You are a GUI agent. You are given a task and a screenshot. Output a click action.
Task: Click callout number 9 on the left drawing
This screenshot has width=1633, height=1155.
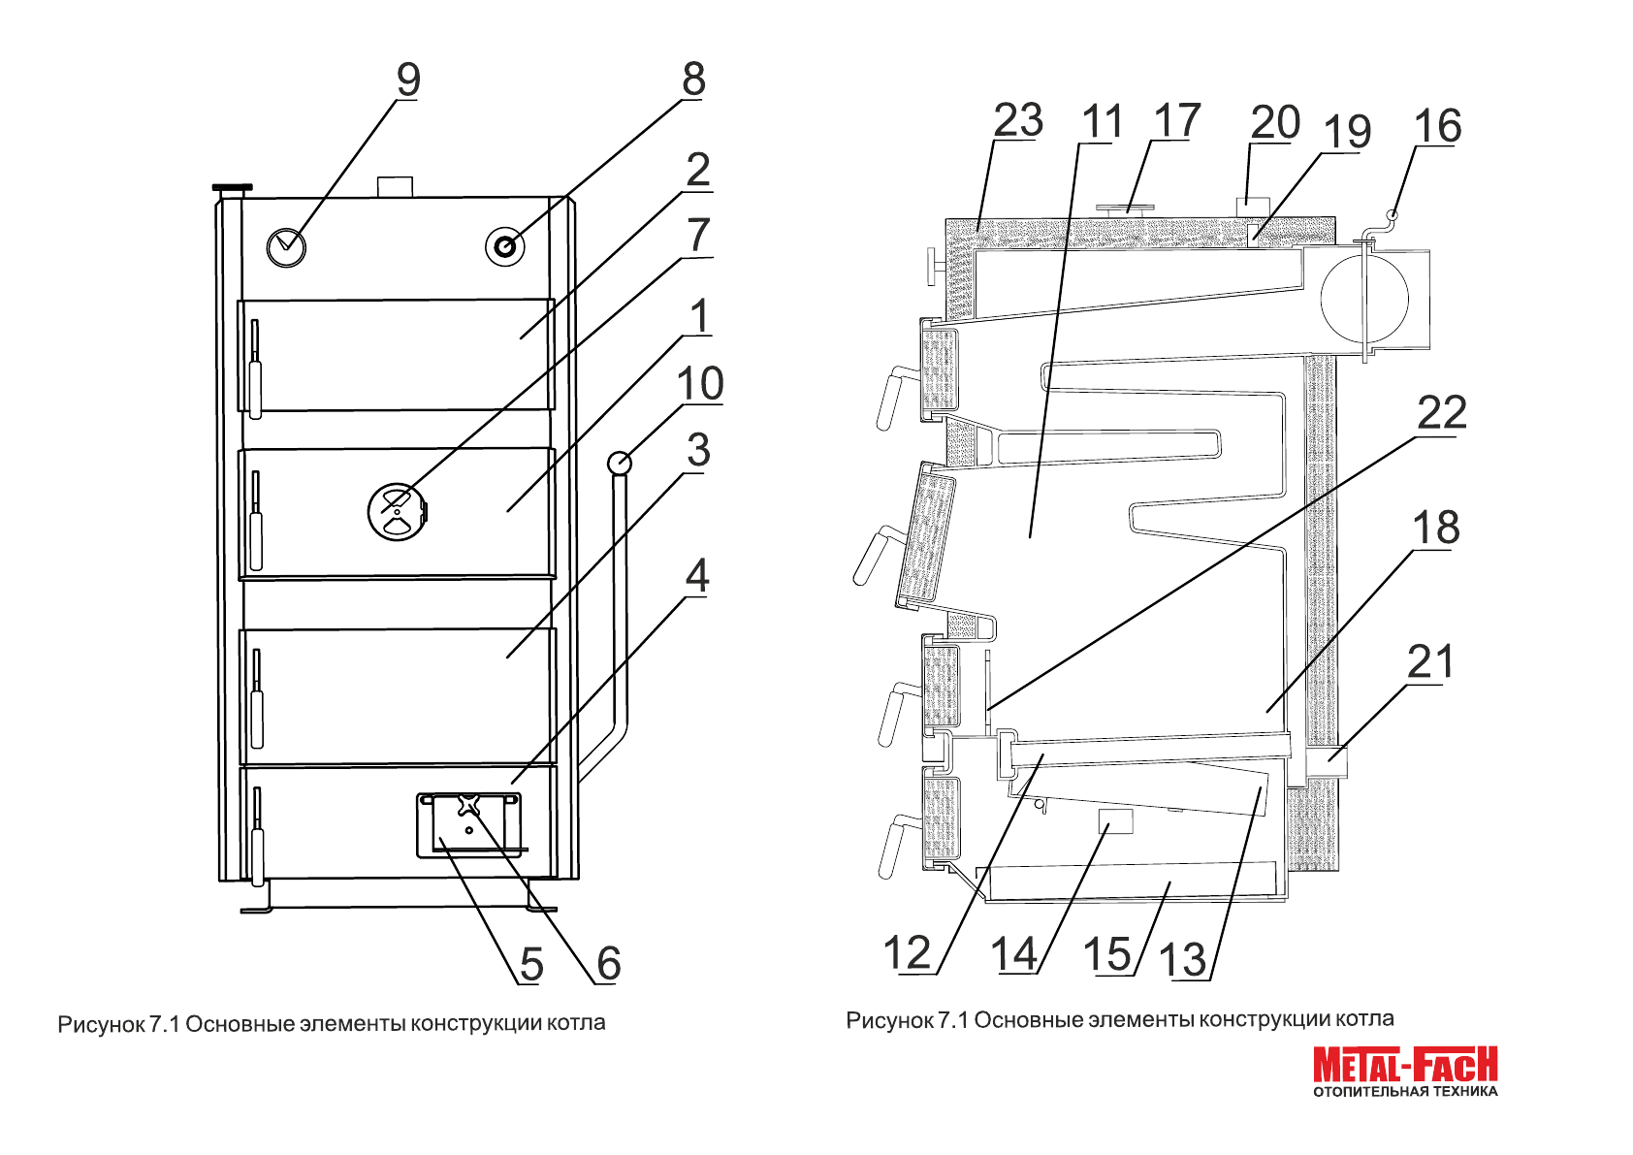(408, 80)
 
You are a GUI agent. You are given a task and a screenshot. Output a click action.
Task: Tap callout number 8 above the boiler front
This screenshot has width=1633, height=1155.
(693, 80)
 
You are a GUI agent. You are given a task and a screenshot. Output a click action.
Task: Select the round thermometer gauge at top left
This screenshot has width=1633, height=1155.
(286, 247)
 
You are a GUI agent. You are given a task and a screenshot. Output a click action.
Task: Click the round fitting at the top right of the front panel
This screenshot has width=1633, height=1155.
(504, 246)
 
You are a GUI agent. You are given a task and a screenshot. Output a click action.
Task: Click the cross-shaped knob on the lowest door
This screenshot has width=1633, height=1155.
(467, 805)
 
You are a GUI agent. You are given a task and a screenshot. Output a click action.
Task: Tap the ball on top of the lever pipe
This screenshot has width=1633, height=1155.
(619, 463)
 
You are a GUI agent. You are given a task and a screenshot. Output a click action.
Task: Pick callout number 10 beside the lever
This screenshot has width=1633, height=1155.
(700, 384)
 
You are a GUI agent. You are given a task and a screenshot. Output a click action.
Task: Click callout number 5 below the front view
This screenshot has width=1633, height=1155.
(530, 964)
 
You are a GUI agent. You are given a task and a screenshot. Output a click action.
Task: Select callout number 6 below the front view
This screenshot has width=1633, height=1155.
(608, 963)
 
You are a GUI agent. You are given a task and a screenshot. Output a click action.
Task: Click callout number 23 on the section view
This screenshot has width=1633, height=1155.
(1017, 121)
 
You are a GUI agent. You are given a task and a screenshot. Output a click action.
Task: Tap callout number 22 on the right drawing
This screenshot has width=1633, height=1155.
(1441, 413)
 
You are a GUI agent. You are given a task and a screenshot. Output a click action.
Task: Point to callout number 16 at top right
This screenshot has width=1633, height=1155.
(1437, 126)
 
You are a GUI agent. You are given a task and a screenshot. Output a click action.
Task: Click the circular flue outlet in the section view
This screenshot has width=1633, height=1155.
(1364, 300)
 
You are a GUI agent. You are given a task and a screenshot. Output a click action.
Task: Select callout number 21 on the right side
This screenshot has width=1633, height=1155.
(1430, 662)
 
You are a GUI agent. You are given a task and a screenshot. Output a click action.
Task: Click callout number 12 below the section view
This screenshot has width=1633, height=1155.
(908, 953)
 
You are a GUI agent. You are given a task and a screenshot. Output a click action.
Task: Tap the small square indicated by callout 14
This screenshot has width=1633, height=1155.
(1115, 821)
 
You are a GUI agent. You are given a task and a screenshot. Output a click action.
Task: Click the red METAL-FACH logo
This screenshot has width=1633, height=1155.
(1405, 1065)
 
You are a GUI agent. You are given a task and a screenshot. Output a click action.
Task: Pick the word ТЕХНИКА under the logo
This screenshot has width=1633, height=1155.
(1465, 1092)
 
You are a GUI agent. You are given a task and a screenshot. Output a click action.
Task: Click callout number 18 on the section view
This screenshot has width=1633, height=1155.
(1435, 529)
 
